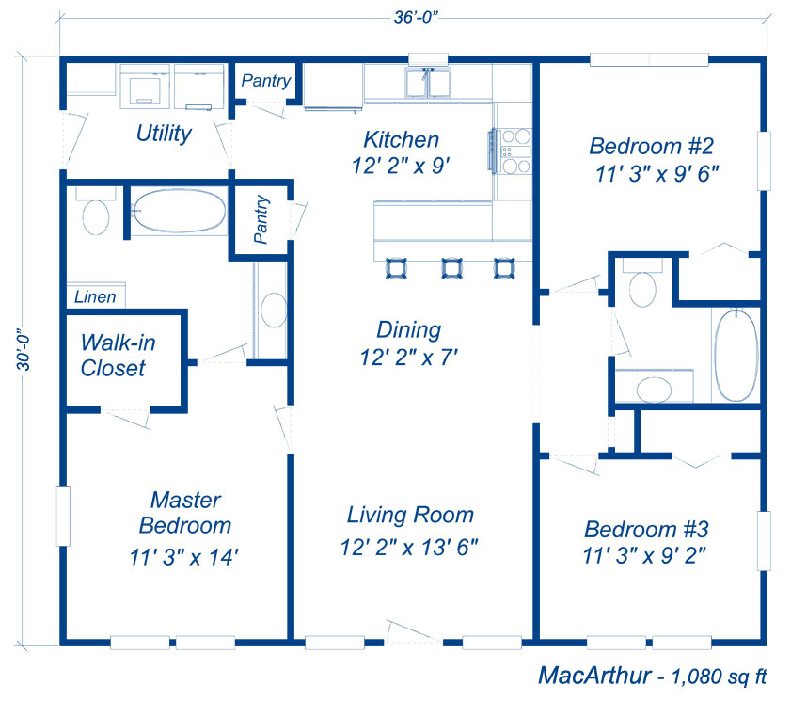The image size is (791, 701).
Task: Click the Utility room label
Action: tap(164, 134)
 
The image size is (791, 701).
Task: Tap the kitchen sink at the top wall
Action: tap(428, 82)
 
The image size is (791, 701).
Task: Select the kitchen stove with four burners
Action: tap(511, 151)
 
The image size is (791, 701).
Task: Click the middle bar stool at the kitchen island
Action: tap(452, 268)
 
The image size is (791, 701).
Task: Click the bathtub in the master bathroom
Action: tap(179, 211)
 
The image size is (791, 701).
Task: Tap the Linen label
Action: tap(95, 296)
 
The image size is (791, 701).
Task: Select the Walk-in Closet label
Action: tap(119, 356)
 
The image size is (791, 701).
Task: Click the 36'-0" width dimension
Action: tap(415, 17)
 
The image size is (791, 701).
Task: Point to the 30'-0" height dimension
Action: tap(24, 353)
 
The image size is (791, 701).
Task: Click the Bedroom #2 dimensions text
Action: tap(657, 174)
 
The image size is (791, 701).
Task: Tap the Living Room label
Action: tap(410, 516)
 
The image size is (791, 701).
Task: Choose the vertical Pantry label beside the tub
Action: tap(261, 219)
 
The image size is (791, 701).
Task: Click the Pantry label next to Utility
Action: tap(266, 81)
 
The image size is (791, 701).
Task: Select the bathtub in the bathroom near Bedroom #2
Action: tap(736, 356)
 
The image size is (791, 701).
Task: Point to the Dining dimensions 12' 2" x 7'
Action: tap(408, 358)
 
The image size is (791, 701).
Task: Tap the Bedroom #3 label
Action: tap(646, 530)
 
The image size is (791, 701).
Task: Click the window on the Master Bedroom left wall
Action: tap(63, 516)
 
